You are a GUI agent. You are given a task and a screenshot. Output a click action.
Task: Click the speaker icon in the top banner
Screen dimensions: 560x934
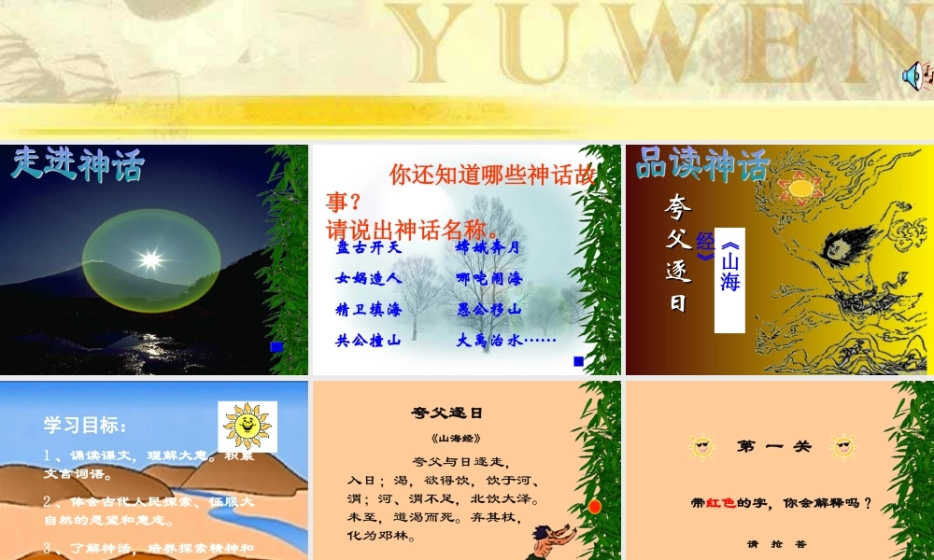tap(913, 75)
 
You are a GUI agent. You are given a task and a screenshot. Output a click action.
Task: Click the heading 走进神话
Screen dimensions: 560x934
tap(78, 165)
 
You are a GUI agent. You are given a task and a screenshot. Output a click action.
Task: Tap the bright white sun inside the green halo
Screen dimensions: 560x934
tap(149, 258)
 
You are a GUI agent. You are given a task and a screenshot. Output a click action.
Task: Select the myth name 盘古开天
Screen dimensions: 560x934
tap(368, 248)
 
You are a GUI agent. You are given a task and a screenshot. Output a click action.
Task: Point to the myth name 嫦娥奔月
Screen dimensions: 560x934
tap(488, 248)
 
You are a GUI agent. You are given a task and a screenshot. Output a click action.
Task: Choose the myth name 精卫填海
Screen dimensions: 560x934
tap(368, 310)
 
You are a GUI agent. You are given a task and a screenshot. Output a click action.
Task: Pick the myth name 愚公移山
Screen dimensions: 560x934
tap(488, 310)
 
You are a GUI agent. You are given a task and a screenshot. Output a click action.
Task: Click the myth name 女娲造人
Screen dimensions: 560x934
tap(368, 278)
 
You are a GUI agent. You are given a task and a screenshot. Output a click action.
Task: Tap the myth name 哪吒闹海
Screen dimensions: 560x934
tap(488, 278)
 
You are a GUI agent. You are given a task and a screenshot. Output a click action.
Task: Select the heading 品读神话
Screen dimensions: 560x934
tap(701, 165)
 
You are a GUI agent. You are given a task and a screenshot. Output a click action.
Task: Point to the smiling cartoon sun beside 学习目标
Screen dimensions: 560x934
tap(247, 426)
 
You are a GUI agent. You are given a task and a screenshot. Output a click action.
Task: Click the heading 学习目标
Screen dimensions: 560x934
tap(85, 426)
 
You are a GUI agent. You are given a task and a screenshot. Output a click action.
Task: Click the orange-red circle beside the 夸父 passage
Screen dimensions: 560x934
tap(594, 506)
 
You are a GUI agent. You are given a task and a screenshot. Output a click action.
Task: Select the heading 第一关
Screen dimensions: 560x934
tap(774, 446)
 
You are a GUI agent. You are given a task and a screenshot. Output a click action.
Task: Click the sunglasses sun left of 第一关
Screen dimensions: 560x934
tap(701, 447)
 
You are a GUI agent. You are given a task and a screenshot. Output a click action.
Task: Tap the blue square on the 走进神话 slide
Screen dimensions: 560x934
tap(276, 346)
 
